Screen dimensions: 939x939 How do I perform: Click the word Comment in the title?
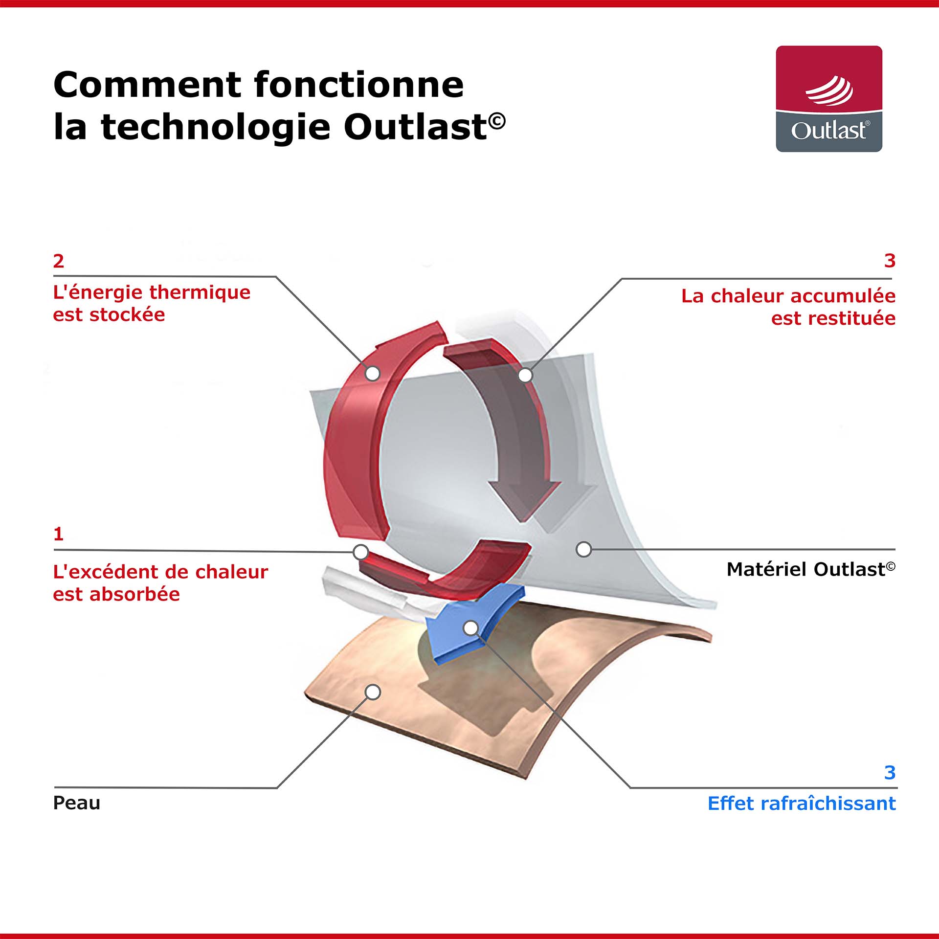tap(146, 85)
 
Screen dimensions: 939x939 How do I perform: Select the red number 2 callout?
tap(59, 261)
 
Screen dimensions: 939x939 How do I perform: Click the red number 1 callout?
tap(59, 534)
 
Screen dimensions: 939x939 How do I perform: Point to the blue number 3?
tap(890, 773)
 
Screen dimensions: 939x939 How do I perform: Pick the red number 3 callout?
tap(890, 261)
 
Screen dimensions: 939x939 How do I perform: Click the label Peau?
tap(77, 803)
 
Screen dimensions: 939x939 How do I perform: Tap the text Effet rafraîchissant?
tap(802, 804)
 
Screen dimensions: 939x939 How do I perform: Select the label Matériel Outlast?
tap(811, 569)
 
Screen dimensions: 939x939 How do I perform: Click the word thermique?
tap(200, 292)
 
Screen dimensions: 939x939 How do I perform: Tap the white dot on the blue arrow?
tap(470, 628)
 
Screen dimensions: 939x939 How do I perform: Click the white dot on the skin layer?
tap(373, 692)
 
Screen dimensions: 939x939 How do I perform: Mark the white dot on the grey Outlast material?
tap(583, 549)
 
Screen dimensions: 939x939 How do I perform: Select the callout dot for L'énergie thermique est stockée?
tap(373, 374)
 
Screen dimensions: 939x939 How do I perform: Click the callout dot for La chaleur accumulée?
tap(525, 376)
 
